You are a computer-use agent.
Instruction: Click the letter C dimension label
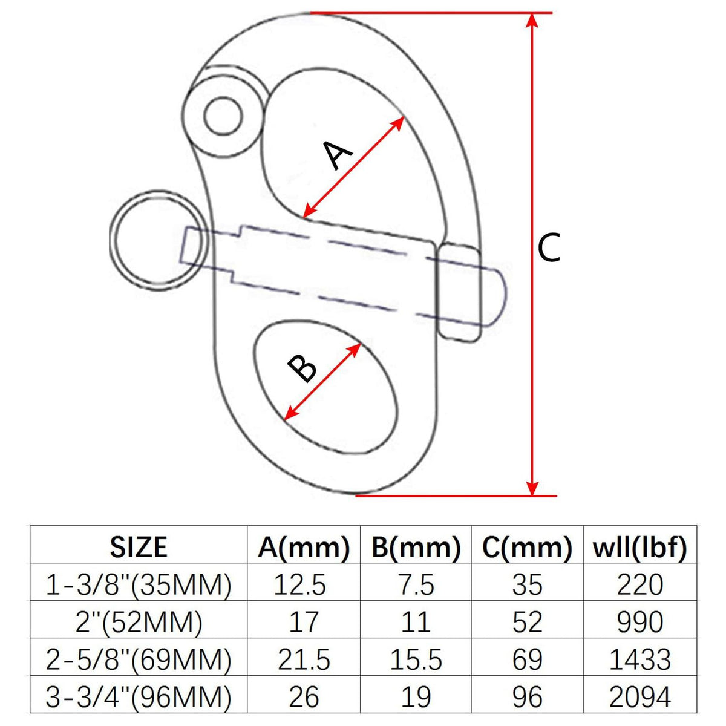tap(549, 247)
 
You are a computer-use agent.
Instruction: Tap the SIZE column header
tap(139, 547)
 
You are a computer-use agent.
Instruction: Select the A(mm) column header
tap(304, 547)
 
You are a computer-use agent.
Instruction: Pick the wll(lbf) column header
tap(639, 547)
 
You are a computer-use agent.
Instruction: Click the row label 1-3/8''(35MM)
tap(139, 584)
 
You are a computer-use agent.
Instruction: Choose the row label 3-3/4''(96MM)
tap(139, 696)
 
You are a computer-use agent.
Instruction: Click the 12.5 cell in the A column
tap(300, 584)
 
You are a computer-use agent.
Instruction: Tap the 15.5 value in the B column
tap(416, 659)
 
